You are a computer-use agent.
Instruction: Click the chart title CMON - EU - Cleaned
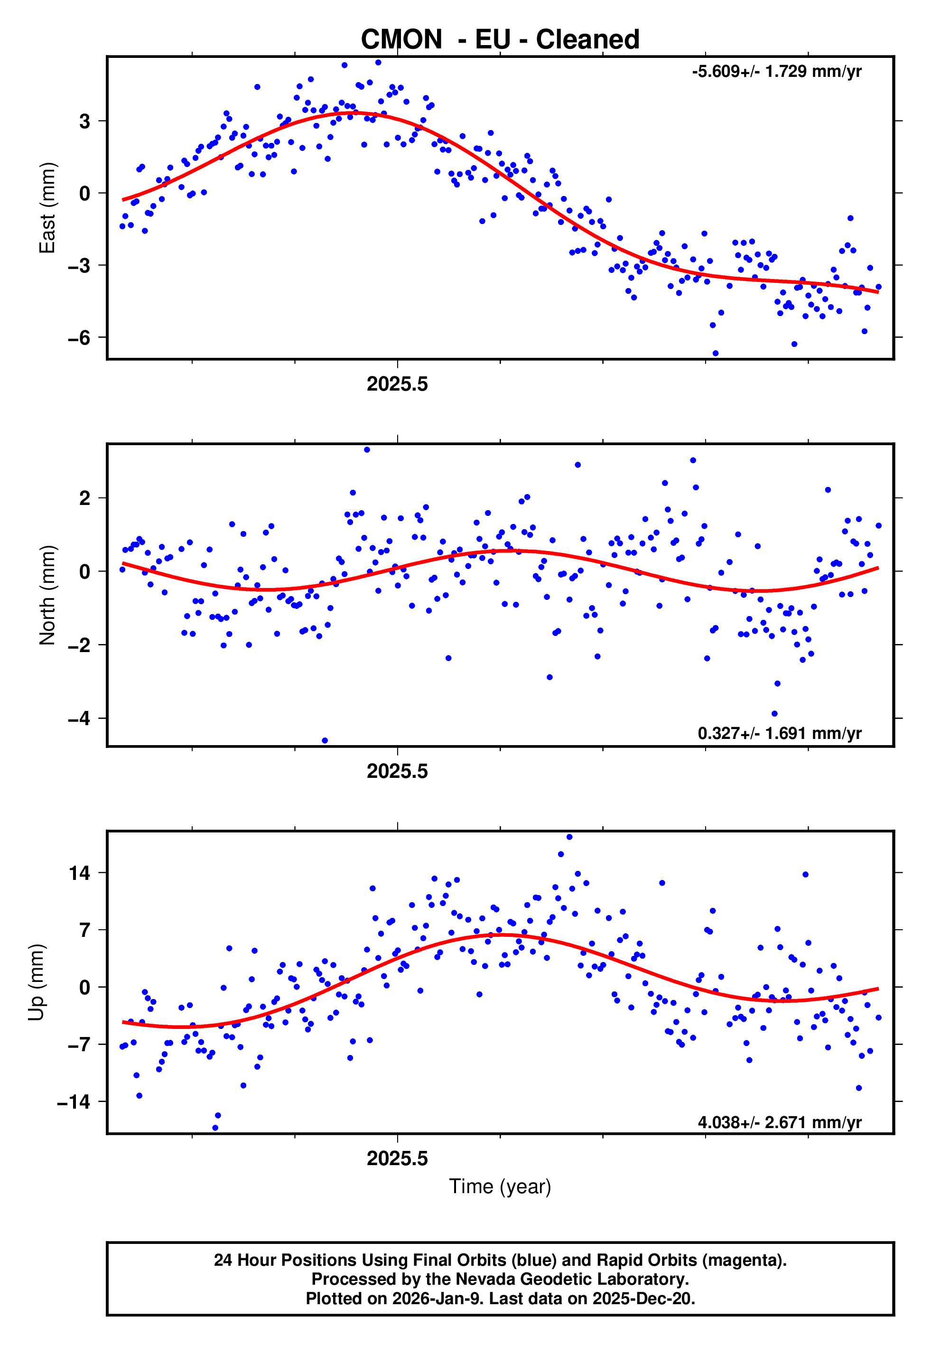pyautogui.click(x=500, y=40)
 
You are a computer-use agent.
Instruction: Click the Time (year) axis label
pyautogui.click(x=500, y=1186)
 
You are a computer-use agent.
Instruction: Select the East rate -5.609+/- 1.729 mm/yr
pyautogui.click(x=776, y=72)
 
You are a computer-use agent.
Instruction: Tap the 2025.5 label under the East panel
pyautogui.click(x=397, y=384)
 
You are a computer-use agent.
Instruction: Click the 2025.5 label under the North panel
pyautogui.click(x=397, y=772)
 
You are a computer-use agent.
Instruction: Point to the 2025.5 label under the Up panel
pyautogui.click(x=397, y=1159)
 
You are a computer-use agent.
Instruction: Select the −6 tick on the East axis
pyautogui.click(x=79, y=338)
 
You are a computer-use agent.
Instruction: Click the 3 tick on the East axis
pyautogui.click(x=85, y=121)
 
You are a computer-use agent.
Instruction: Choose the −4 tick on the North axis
pyautogui.click(x=79, y=719)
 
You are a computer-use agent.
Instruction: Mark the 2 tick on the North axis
pyautogui.click(x=85, y=499)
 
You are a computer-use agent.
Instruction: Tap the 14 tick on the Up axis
pyautogui.click(x=79, y=873)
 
